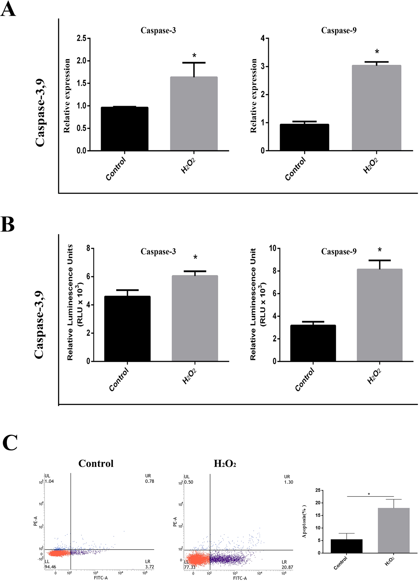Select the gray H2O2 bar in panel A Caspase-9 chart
point(376,108)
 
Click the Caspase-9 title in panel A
point(339,30)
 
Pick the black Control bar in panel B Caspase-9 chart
point(313,343)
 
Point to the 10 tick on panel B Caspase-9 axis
point(273,248)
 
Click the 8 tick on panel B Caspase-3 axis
point(88,249)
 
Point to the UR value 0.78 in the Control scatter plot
point(149,481)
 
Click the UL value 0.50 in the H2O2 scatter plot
point(189,482)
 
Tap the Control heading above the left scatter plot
point(96,463)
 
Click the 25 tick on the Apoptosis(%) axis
point(317,490)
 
